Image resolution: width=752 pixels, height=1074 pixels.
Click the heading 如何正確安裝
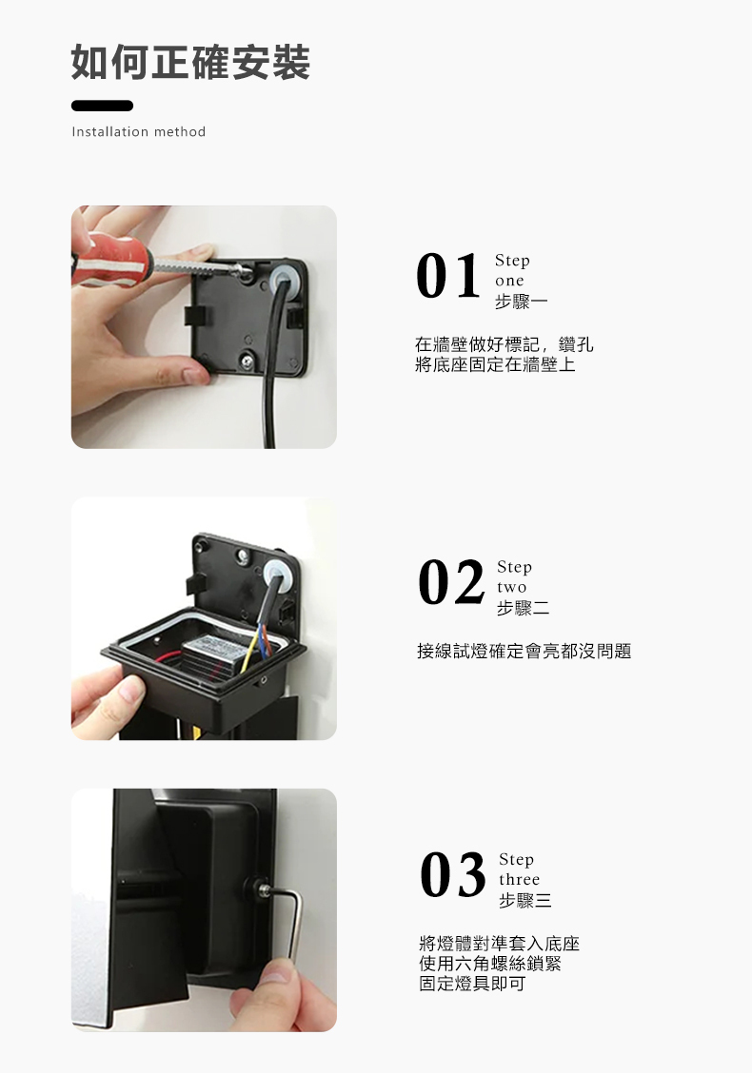click(190, 63)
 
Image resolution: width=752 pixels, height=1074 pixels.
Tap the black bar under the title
click(102, 106)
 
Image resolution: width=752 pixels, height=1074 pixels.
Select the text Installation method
click(139, 131)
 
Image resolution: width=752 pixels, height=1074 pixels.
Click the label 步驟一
click(521, 302)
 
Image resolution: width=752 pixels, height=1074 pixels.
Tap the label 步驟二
click(523, 608)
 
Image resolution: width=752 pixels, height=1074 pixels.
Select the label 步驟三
click(524, 900)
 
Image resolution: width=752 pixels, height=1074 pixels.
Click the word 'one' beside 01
click(509, 281)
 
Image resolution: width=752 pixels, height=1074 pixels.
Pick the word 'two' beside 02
click(511, 587)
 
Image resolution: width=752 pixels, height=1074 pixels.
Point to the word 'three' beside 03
click(519, 880)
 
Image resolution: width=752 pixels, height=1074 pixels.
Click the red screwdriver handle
click(109, 257)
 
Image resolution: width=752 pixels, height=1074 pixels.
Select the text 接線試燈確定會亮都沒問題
click(524, 652)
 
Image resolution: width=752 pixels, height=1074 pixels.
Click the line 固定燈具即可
click(472, 984)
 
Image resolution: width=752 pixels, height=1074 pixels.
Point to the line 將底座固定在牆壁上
click(495, 364)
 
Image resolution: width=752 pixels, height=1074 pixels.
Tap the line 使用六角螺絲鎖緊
click(490, 964)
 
